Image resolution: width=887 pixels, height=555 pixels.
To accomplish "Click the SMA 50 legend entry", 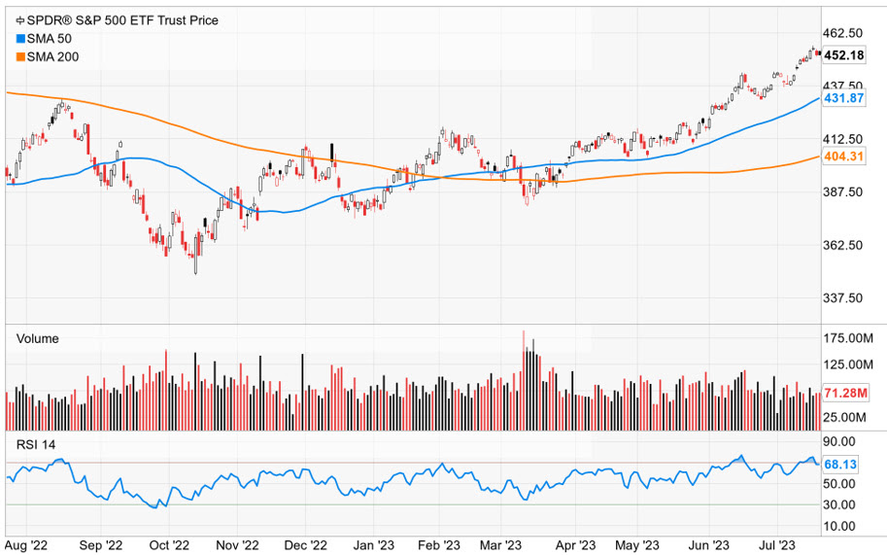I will (x=45, y=38).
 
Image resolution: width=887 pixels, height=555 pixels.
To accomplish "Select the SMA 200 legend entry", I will (x=48, y=56).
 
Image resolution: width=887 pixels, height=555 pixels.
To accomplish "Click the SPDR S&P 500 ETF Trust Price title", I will (x=116, y=19).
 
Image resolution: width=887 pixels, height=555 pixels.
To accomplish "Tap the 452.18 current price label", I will (x=843, y=55).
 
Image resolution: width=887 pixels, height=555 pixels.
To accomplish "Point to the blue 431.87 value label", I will (x=843, y=99).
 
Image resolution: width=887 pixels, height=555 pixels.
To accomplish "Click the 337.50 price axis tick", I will (x=843, y=298).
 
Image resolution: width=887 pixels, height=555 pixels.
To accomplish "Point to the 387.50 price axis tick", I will (x=843, y=192).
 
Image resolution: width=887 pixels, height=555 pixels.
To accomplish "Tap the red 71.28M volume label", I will (x=843, y=393).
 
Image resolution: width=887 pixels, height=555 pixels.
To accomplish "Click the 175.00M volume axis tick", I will (x=847, y=338).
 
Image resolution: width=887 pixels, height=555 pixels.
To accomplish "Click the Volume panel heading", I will (x=37, y=338).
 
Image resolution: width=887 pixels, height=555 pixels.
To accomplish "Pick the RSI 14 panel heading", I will (x=36, y=444).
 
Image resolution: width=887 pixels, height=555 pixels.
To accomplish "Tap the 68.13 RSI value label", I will (x=840, y=465).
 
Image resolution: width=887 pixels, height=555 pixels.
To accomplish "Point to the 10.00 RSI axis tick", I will (x=840, y=526).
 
